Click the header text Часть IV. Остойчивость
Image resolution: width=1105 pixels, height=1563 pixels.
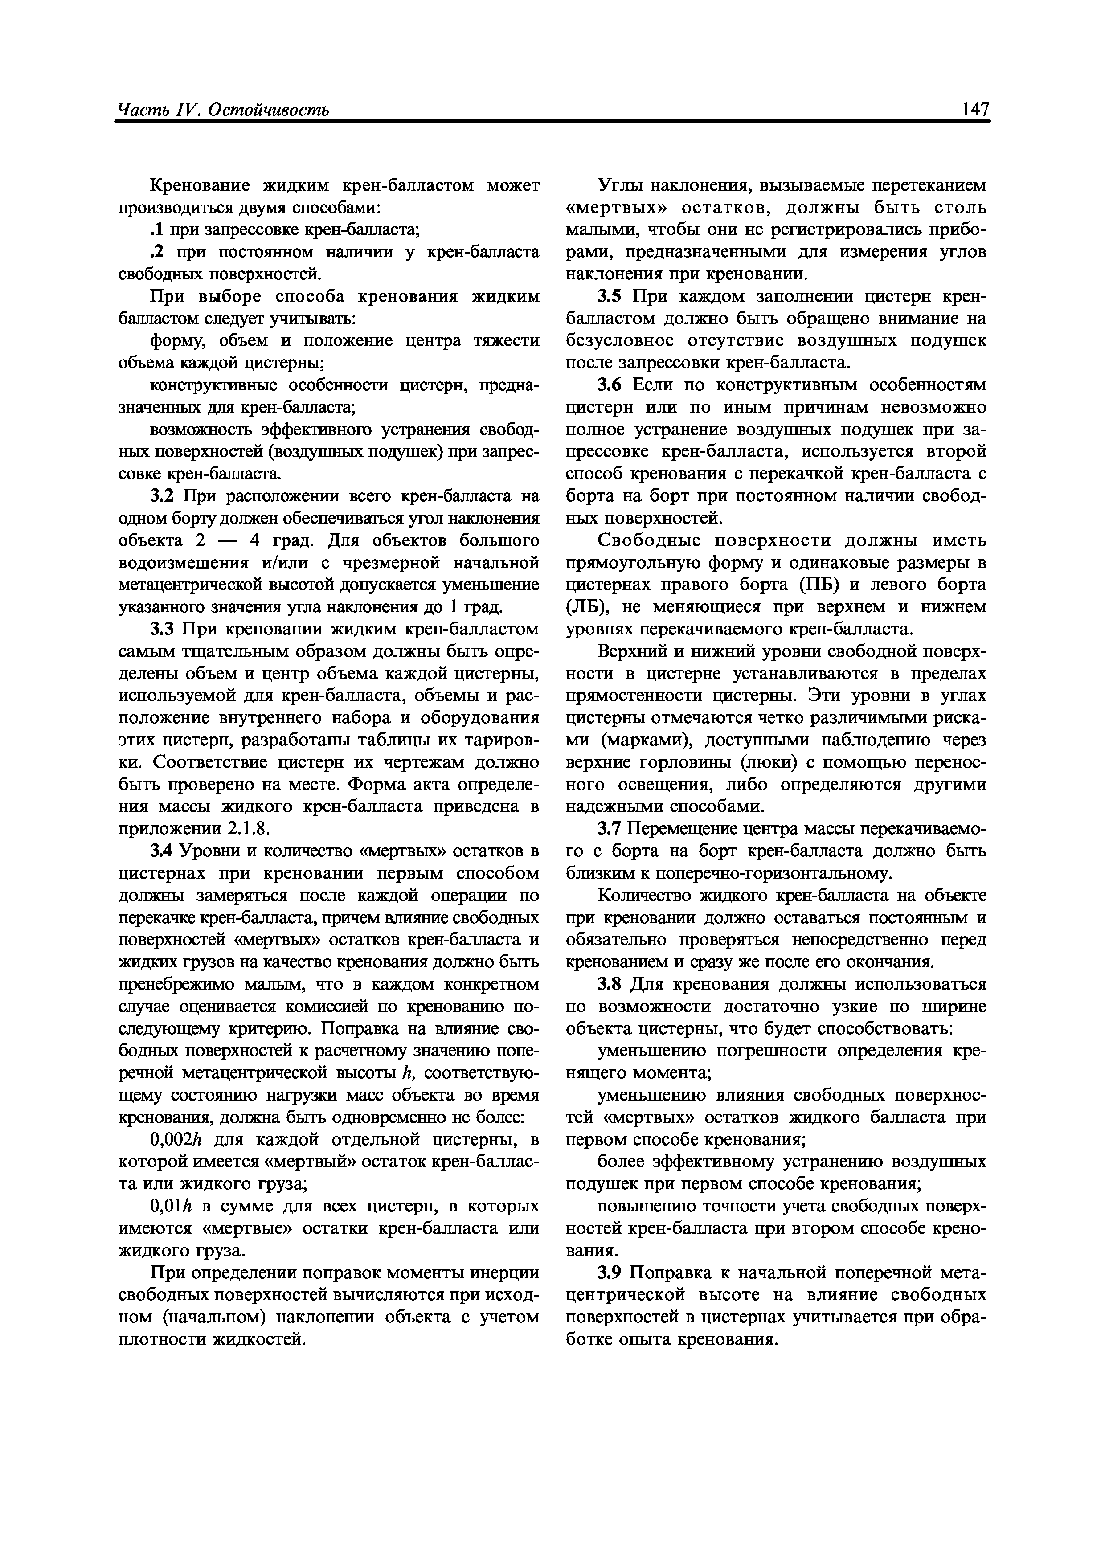(223, 110)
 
